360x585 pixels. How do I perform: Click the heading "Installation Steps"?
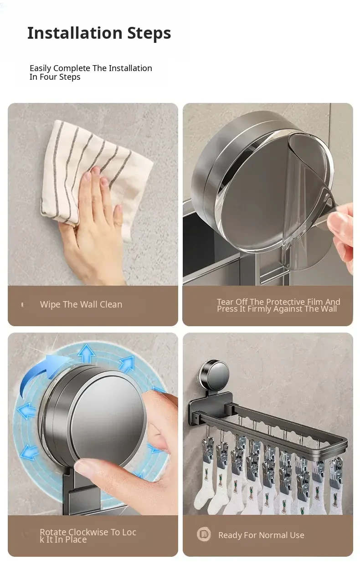click(x=99, y=33)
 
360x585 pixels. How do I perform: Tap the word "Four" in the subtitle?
click(x=49, y=77)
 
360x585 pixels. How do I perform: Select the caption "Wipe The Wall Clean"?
click(x=81, y=304)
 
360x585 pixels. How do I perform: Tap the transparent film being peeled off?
click(x=308, y=199)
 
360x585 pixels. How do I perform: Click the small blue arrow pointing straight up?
click(x=87, y=354)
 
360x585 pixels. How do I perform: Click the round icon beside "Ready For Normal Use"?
click(x=204, y=534)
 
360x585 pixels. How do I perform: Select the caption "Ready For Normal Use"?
click(x=261, y=535)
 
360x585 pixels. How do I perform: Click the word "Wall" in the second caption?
click(x=328, y=309)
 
